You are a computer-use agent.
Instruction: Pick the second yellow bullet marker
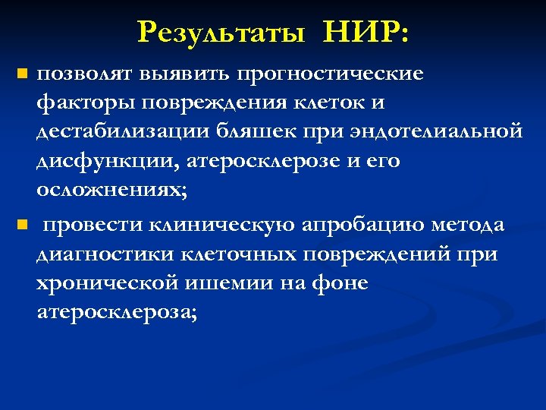22,225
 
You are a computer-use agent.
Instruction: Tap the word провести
93,225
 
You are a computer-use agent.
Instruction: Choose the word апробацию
364,225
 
